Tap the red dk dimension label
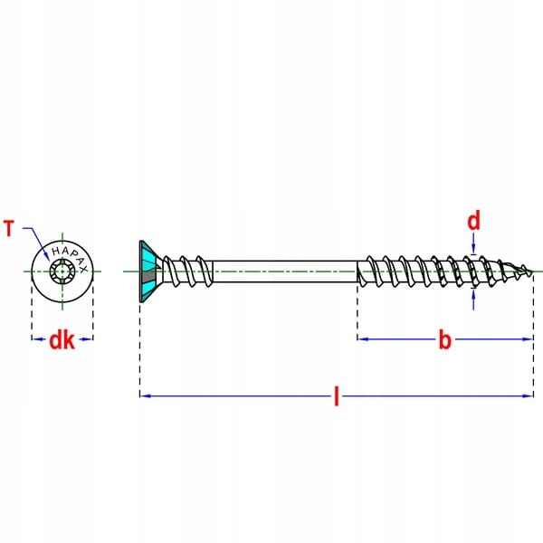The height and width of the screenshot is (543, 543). [x=62, y=340]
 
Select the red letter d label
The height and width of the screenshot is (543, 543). [x=473, y=221]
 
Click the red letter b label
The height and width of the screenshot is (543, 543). [x=444, y=340]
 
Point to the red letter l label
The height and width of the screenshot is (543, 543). [x=337, y=396]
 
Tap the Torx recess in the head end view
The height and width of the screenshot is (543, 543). [x=62, y=271]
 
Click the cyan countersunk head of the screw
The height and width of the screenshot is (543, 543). [x=148, y=271]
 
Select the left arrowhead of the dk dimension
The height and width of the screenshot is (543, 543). [x=35, y=339]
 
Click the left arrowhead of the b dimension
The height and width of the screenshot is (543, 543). [x=362, y=339]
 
